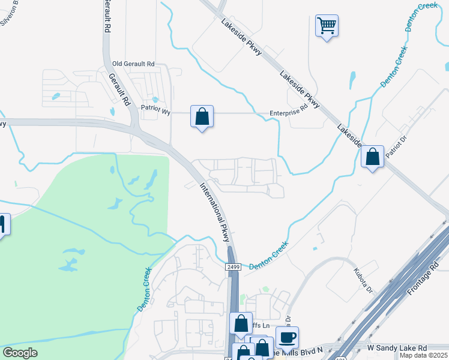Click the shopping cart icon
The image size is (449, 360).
(327, 26)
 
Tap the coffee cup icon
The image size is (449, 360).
(287, 337)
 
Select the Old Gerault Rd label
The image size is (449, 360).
(133, 64)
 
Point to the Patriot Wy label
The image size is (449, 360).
(156, 109)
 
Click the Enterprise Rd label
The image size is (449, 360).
(288, 112)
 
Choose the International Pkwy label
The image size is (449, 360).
(215, 211)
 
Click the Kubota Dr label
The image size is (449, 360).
(364, 280)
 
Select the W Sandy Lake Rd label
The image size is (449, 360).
(397, 348)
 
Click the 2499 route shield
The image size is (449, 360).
(234, 266)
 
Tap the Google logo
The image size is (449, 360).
(20, 353)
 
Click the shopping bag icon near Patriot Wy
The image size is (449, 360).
(202, 116)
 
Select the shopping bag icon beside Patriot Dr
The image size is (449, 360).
(372, 157)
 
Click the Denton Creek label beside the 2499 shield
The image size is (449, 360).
(268, 255)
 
